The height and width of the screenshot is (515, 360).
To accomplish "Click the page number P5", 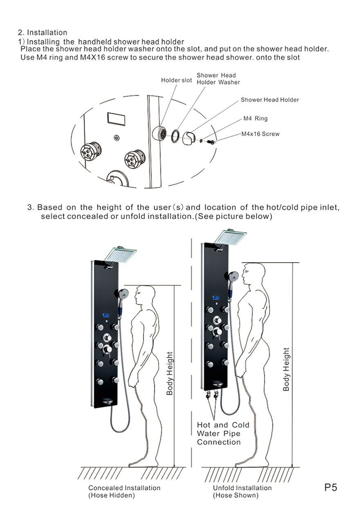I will (x=331, y=488).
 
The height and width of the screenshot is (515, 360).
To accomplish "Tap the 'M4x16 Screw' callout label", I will (x=260, y=134).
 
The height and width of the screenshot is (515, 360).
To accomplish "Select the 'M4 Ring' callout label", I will (x=255, y=119).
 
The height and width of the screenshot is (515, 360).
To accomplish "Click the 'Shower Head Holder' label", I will (x=270, y=100).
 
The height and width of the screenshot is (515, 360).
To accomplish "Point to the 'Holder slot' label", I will (x=176, y=80).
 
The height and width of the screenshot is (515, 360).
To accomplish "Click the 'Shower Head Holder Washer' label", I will (x=218, y=79).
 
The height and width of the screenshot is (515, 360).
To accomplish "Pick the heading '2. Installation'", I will (x=43, y=32).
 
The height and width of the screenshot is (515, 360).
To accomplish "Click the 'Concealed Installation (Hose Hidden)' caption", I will (x=124, y=492).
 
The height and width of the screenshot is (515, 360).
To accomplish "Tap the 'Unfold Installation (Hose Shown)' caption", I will (x=242, y=492).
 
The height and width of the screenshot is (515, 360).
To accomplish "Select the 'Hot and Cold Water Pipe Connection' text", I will (x=223, y=434).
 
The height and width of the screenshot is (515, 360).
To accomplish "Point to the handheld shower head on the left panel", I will (x=123, y=294).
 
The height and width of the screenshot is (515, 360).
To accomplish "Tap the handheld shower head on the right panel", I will (x=234, y=277).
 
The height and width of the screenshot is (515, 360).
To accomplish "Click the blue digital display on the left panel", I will (x=106, y=316).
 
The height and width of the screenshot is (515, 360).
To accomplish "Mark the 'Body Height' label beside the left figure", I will (x=170, y=373).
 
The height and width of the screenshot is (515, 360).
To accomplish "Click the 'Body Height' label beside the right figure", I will (x=286, y=369).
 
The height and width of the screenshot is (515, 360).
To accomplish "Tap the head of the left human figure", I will (x=146, y=294).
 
